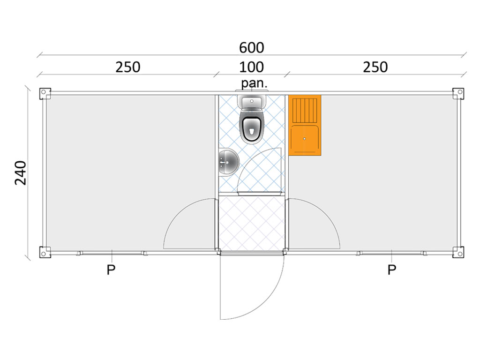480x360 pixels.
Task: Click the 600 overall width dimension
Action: pos(251,48)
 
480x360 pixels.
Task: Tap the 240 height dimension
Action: pos(21,172)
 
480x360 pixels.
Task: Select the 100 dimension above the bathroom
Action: pos(251,67)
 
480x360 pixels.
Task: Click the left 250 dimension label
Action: pos(127,67)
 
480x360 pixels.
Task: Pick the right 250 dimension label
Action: pos(375,67)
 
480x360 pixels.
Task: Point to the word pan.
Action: pos(255,83)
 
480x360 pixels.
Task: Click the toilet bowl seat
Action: pos(252,127)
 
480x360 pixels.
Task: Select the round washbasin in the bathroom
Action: pos(228,162)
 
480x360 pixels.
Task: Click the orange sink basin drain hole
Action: pos(305,139)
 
